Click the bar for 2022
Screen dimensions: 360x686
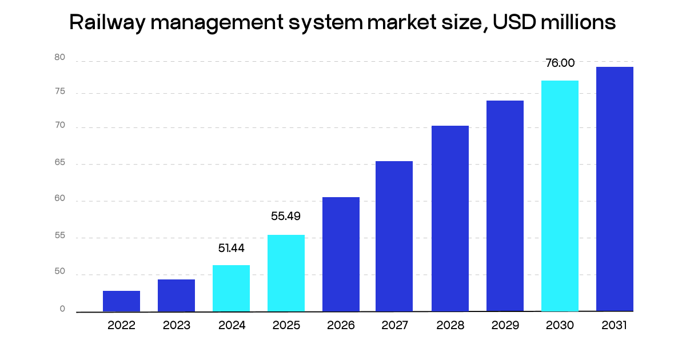121,301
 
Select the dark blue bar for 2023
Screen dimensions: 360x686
176,295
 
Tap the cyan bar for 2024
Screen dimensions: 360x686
231,288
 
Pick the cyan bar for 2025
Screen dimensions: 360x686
286,273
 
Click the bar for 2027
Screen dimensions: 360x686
394,236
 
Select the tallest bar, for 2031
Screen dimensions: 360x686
615,189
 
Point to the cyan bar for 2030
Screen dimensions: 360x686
560,196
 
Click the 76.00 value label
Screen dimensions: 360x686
560,63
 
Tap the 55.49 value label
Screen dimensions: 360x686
285,217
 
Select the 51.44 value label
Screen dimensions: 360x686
231,248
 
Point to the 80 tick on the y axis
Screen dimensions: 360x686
59,57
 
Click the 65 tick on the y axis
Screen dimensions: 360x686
59,163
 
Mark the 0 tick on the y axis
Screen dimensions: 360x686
62,309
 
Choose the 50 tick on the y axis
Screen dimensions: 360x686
59,273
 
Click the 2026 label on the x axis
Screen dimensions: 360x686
341,326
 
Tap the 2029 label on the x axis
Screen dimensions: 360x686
505,326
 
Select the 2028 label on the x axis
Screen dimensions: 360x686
450,326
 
